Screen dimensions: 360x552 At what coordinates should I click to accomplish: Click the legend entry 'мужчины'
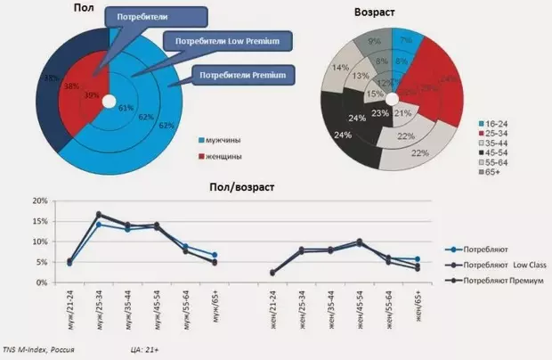coord(228,141)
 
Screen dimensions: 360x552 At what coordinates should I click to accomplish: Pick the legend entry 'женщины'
coord(228,157)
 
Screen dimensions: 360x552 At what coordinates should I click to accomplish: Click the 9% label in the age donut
coord(375,41)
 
